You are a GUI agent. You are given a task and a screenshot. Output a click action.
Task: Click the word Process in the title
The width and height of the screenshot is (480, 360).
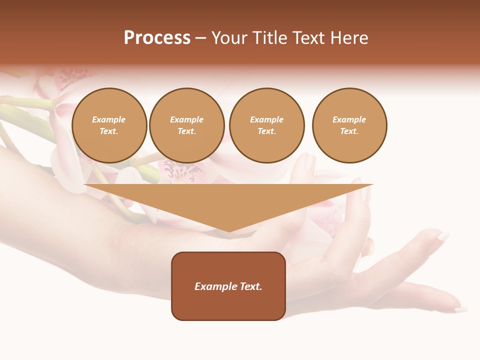point(157,38)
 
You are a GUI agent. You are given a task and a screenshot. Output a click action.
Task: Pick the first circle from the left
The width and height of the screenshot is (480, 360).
point(109,125)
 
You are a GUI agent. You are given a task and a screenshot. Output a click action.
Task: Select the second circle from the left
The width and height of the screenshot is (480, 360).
point(187,125)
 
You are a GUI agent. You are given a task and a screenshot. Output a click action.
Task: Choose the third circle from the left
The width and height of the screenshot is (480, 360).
point(267,125)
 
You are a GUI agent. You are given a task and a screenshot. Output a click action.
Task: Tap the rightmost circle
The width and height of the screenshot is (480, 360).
point(349,125)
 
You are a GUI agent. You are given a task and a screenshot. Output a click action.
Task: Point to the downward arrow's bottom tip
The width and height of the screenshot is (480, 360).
point(229,231)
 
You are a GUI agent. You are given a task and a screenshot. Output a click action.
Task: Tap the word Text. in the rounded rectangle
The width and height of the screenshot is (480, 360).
point(250,286)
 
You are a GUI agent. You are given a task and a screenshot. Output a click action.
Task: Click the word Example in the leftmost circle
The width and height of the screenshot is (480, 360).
point(109,119)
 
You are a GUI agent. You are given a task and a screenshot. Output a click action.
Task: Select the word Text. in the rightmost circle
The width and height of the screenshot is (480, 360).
point(349,131)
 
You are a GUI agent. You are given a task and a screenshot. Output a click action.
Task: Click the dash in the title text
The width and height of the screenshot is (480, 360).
point(200,38)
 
